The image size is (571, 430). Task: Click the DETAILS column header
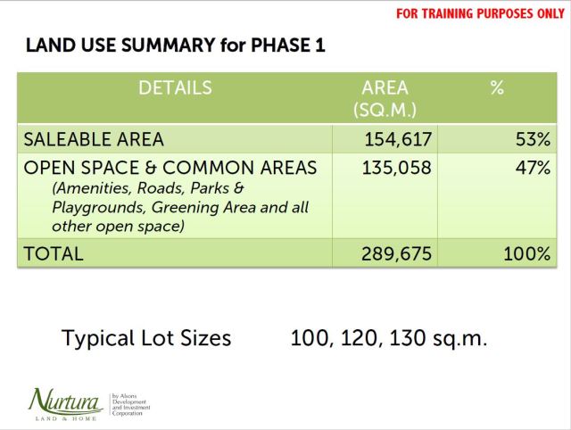click(x=175, y=87)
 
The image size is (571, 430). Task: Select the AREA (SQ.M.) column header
click(x=385, y=98)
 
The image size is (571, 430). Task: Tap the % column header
click(x=497, y=87)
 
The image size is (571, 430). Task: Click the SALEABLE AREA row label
click(x=94, y=139)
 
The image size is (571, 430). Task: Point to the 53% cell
click(x=531, y=139)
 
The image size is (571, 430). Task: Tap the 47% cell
click(x=531, y=168)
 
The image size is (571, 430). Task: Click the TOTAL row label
click(x=54, y=253)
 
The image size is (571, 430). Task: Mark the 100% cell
click(x=525, y=253)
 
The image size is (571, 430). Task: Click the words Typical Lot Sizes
click(x=146, y=338)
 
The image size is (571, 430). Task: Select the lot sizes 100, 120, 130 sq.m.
click(x=388, y=338)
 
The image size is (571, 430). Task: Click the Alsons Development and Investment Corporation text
click(x=130, y=403)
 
